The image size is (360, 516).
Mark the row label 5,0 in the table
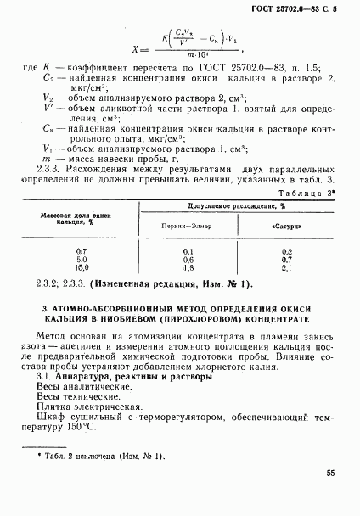[x=82, y=259]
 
